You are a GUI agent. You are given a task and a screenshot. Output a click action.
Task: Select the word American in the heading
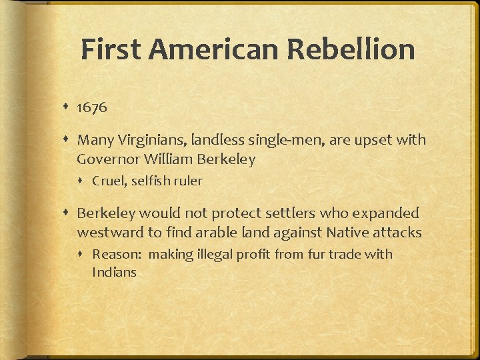coord(210,50)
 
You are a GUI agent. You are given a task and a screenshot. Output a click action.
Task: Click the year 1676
coord(92,107)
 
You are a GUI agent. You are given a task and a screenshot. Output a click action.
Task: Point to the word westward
coord(107,233)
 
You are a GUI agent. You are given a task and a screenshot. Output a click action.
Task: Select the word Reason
coord(115,254)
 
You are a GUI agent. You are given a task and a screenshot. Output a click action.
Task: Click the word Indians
coord(114,272)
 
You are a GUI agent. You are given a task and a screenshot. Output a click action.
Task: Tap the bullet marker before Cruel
coord(82,181)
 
